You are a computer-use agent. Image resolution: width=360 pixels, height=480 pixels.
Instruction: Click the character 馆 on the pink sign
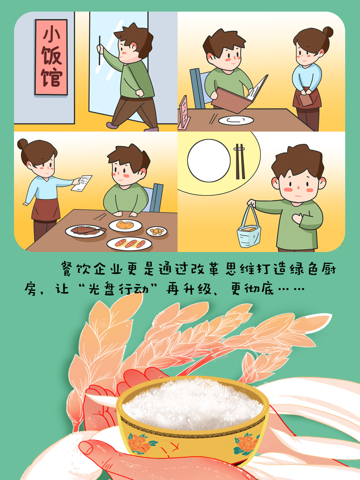click(x=52, y=78)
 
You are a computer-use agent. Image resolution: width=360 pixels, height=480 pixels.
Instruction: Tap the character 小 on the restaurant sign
click(x=52, y=35)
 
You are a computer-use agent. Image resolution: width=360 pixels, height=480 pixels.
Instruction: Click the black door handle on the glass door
click(x=100, y=50)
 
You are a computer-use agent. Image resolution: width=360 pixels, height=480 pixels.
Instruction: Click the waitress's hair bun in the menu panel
click(x=328, y=32)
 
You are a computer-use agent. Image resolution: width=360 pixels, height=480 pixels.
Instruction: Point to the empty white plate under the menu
click(x=236, y=120)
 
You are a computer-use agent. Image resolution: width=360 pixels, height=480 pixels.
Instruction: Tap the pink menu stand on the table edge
click(x=184, y=112)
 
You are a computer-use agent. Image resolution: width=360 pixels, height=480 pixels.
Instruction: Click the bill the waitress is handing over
click(x=82, y=183)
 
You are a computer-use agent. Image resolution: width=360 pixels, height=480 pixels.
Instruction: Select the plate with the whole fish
click(x=86, y=231)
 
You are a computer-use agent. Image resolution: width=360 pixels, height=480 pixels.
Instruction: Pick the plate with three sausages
click(x=129, y=243)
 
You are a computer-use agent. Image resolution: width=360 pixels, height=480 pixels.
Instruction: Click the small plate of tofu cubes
click(x=157, y=231)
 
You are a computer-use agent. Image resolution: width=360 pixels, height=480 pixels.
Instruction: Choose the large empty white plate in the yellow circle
click(x=209, y=161)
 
